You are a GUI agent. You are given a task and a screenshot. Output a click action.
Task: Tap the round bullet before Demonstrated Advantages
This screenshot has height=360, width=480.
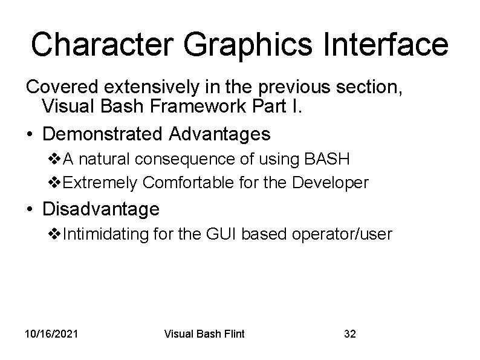coord(30,133)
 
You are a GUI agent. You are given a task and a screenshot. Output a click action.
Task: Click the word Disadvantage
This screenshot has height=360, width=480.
coord(101,209)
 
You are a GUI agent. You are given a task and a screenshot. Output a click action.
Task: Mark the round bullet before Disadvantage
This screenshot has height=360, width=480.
coord(30,210)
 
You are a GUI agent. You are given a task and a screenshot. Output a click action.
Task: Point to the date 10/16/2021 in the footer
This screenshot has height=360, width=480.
coord(51,333)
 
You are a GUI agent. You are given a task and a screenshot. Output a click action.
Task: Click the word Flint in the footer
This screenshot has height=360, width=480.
coord(232,333)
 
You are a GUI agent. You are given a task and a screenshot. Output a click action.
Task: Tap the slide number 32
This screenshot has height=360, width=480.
coord(350,333)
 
